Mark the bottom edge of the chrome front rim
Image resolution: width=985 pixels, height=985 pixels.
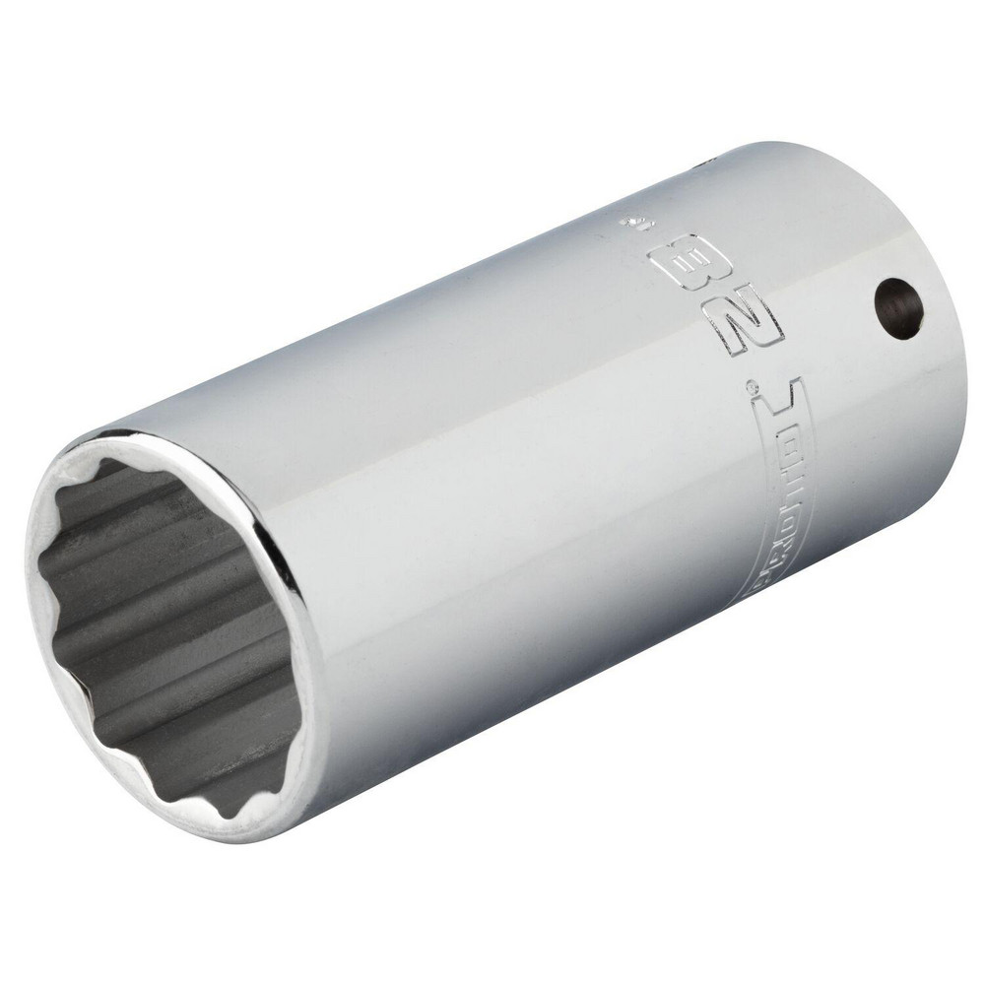coord(236,837)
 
